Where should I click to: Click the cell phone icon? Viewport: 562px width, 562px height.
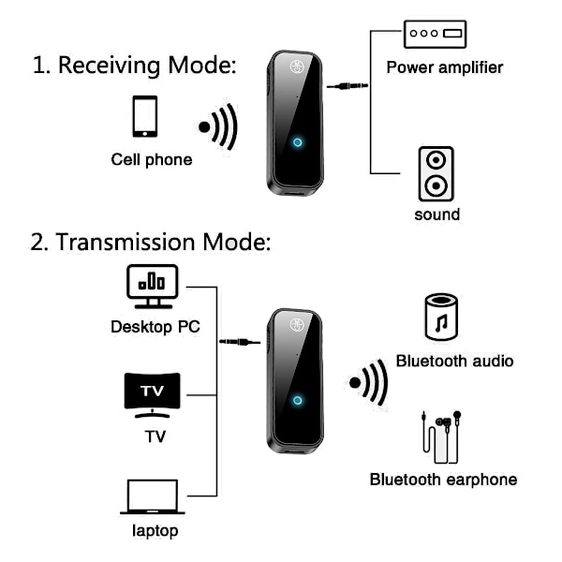point(144,118)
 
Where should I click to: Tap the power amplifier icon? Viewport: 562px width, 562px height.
point(434,34)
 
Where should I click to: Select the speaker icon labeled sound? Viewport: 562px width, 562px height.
point(435,173)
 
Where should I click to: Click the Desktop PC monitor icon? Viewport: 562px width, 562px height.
point(152,286)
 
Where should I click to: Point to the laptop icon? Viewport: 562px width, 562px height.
point(151,497)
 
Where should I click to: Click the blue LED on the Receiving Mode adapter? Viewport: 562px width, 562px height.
point(298,143)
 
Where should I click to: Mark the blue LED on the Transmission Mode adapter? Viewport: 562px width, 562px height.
point(298,400)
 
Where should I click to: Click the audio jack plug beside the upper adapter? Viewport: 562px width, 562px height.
point(347,87)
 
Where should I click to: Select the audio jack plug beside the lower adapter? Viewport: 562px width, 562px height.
point(239,343)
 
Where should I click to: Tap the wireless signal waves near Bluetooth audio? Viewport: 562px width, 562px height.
point(369,382)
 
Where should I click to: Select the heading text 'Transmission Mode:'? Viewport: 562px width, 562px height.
point(150,242)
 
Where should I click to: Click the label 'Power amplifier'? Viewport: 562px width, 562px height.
point(445,67)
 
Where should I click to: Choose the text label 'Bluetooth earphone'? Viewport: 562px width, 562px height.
point(443,480)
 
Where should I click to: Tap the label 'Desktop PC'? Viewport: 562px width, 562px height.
point(155,327)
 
